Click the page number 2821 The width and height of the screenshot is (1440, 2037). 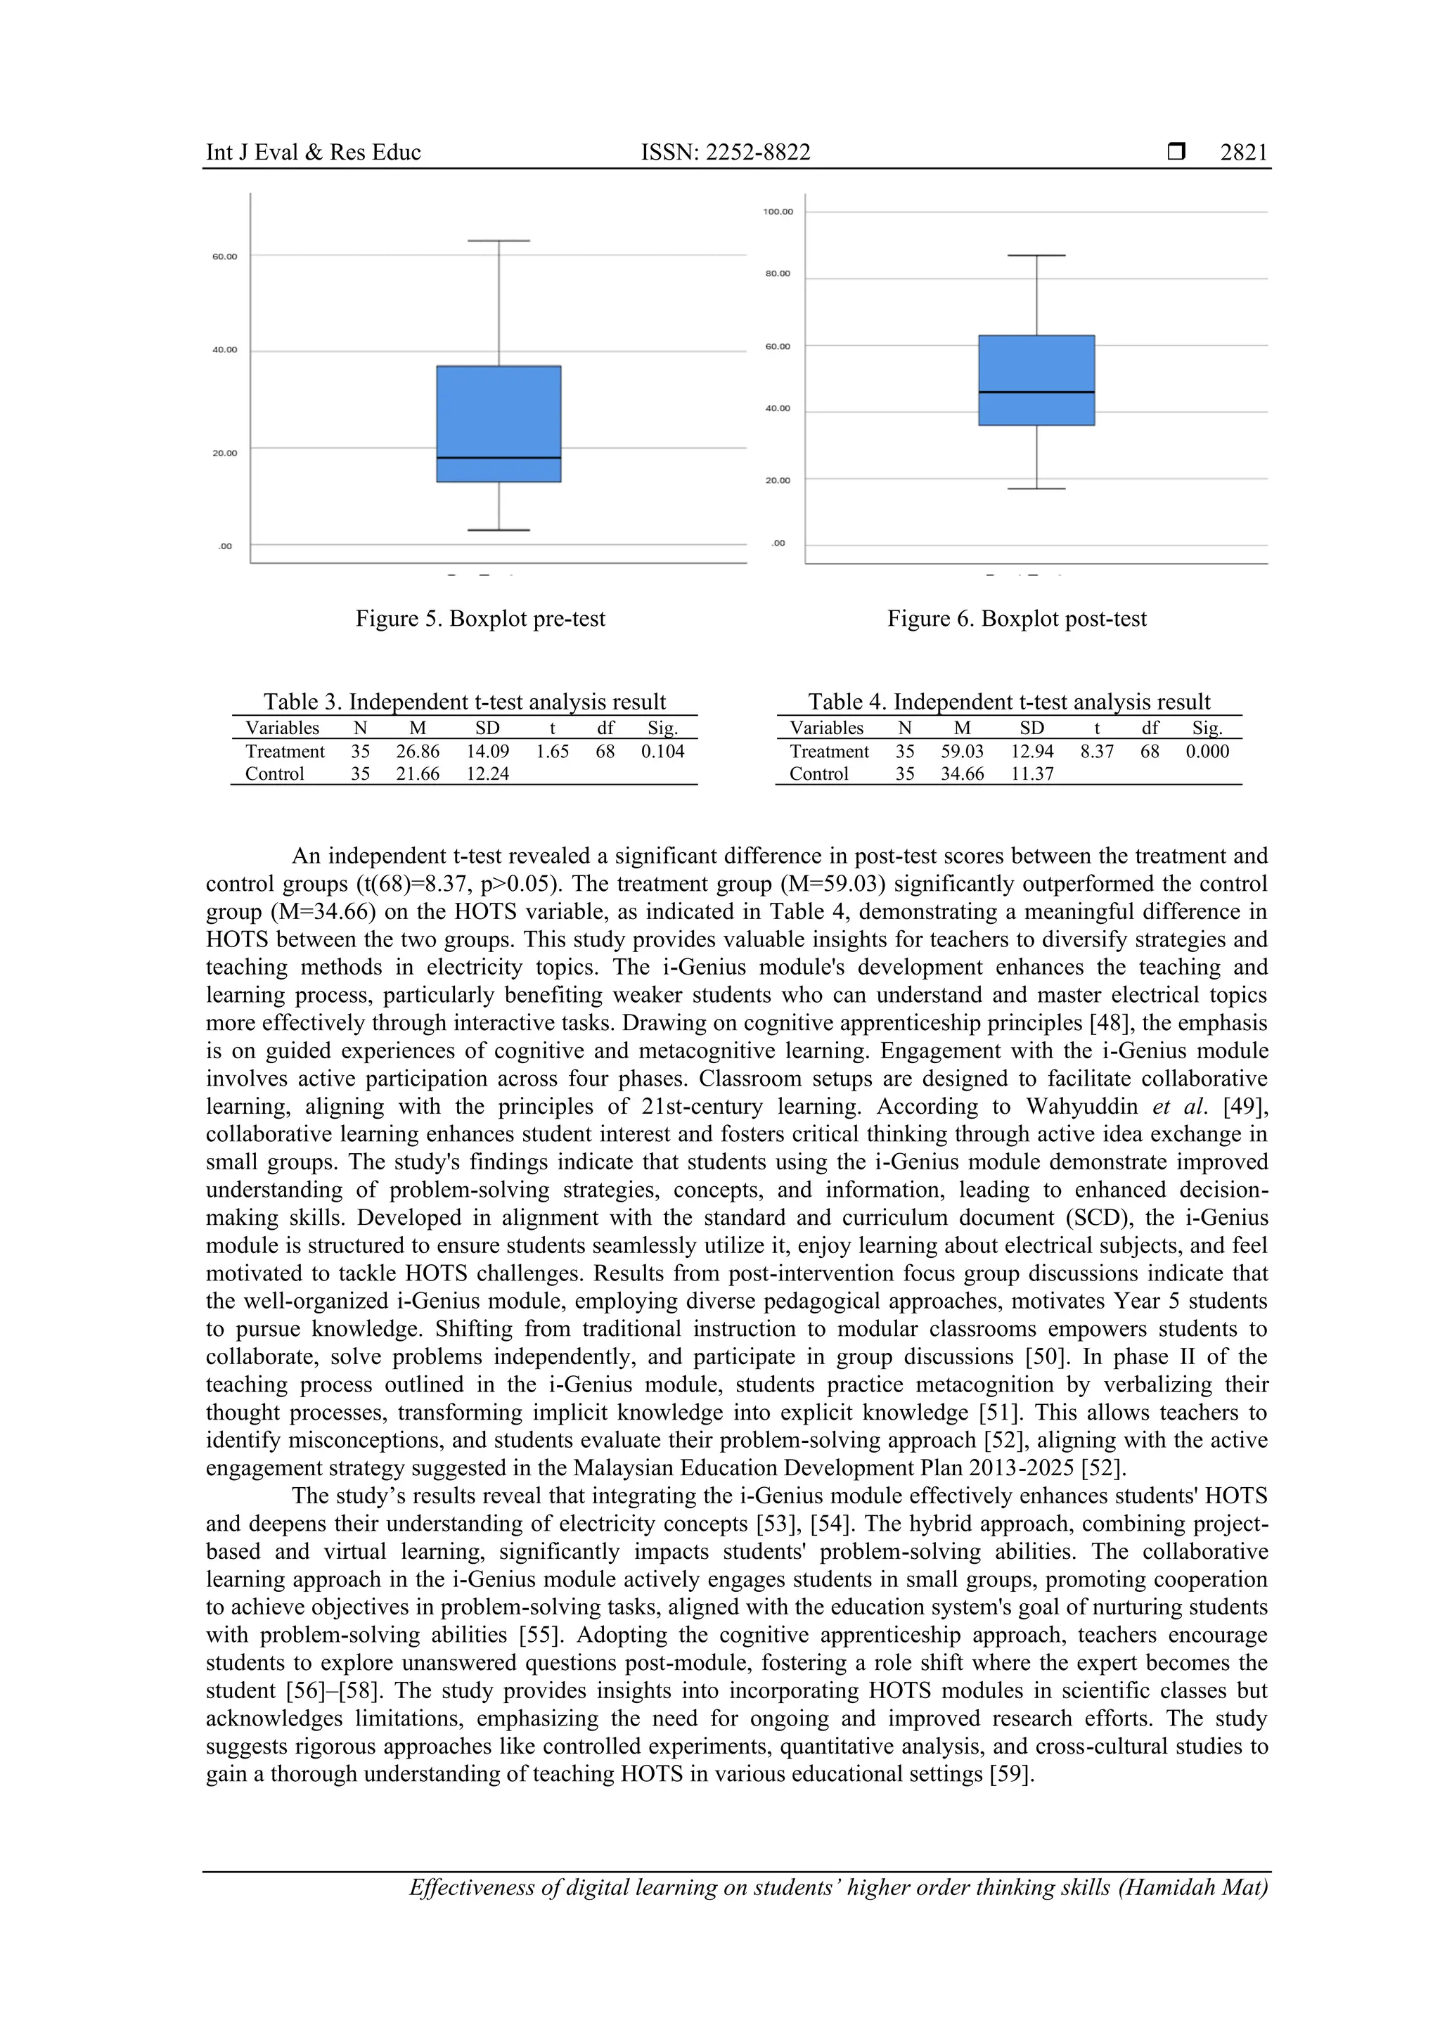pyautogui.click(x=1243, y=153)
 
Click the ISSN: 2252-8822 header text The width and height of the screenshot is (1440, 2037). pyautogui.click(x=725, y=153)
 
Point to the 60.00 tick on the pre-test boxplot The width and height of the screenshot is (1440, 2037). pyautogui.click(x=224, y=257)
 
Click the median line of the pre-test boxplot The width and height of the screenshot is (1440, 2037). pyautogui.click(x=499, y=458)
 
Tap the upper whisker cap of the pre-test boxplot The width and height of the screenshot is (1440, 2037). pyautogui.click(x=499, y=240)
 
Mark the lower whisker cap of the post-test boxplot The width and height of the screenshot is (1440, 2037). pyautogui.click(x=1036, y=489)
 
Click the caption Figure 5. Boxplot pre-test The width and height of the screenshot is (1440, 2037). pyautogui.click(x=480, y=618)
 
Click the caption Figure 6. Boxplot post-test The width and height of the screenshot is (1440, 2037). pyautogui.click(x=1017, y=618)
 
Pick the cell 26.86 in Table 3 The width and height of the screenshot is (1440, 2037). pyautogui.click(x=417, y=752)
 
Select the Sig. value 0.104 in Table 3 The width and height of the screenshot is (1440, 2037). pyautogui.click(x=663, y=752)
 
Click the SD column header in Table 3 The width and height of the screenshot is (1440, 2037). pyautogui.click(x=487, y=728)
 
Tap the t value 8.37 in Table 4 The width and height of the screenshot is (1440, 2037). pyautogui.click(x=1097, y=752)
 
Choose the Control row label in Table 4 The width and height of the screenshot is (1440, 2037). pyautogui.click(x=818, y=773)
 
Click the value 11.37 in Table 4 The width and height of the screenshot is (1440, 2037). pyautogui.click(x=1032, y=773)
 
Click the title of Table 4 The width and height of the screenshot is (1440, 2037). pyautogui.click(x=1009, y=702)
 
